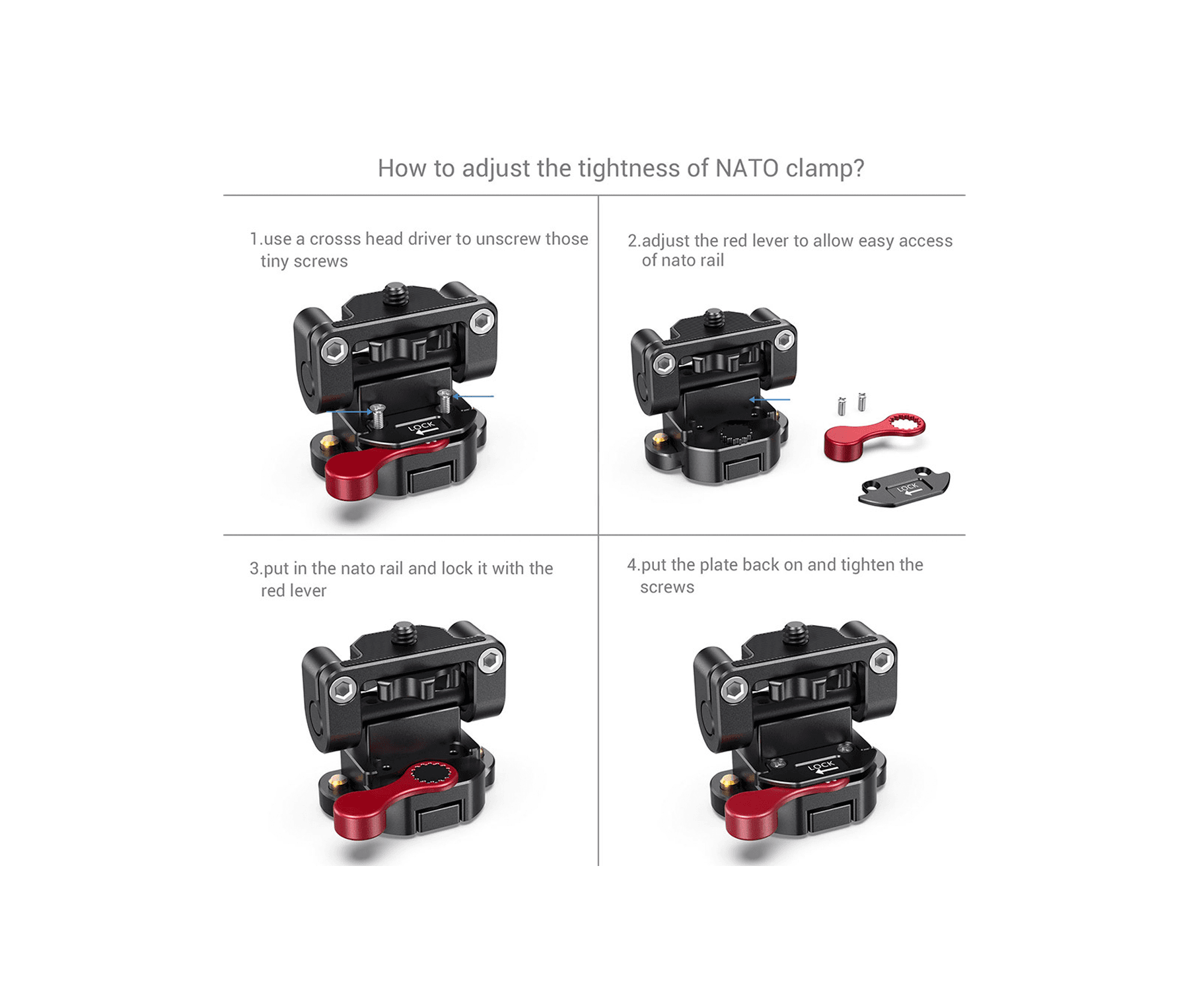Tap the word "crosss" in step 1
click(x=335, y=239)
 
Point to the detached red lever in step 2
click(x=873, y=436)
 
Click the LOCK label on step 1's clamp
click(x=421, y=427)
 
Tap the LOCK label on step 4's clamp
click(x=821, y=766)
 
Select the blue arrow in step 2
click(x=770, y=399)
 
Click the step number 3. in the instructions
click(x=256, y=568)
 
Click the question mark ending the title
click(x=858, y=168)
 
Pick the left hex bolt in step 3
click(x=343, y=690)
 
